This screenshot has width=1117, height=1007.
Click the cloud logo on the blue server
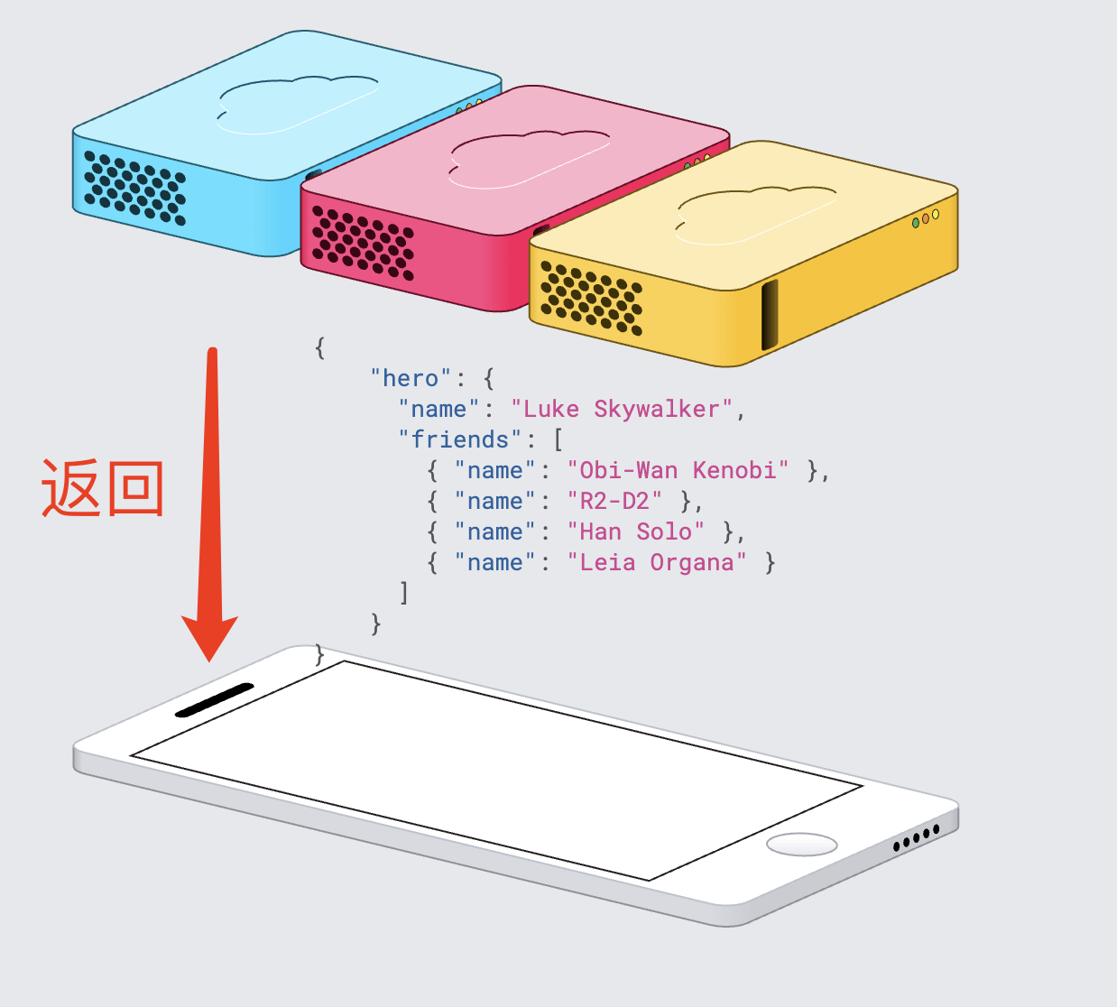[x=296, y=104]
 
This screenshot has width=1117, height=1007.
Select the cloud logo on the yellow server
[x=755, y=215]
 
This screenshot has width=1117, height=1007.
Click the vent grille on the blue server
[x=134, y=189]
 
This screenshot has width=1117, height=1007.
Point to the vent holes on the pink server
[x=363, y=243]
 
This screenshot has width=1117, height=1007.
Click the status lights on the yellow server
[x=926, y=218]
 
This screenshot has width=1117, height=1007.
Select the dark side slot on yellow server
[x=770, y=315]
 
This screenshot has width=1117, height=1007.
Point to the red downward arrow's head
[x=210, y=636]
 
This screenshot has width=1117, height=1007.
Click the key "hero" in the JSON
[x=411, y=378]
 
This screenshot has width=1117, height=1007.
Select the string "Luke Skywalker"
[x=623, y=409]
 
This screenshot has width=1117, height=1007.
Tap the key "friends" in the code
[x=460, y=439]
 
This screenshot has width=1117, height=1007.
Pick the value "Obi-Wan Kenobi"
[x=678, y=470]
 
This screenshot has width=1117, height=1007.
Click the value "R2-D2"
[x=614, y=501]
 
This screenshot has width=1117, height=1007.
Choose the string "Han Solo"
[x=636, y=531]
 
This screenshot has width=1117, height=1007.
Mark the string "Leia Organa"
[x=657, y=562]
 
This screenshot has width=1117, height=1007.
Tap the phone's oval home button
[x=801, y=845]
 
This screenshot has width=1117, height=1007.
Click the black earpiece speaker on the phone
[x=215, y=700]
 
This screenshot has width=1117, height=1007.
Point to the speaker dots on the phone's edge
[x=916, y=838]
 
